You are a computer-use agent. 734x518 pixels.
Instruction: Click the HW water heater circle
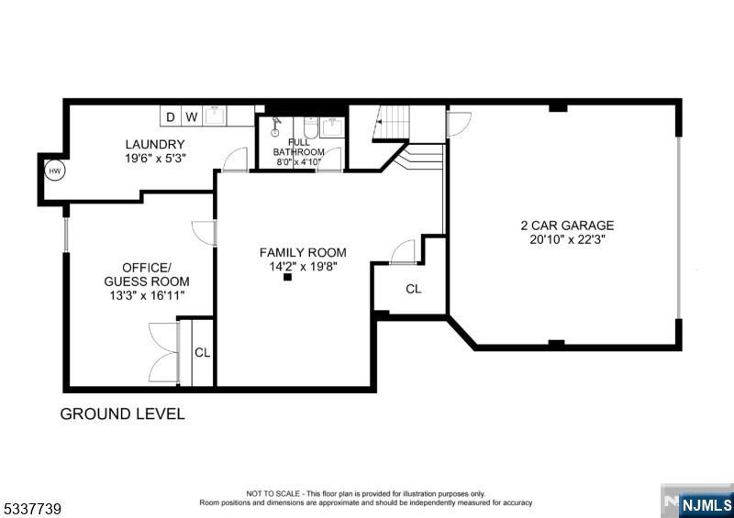click(x=55, y=171)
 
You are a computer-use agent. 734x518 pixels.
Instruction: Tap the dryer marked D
click(x=171, y=116)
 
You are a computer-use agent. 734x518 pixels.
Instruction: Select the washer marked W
click(x=192, y=116)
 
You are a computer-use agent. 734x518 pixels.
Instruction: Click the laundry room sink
click(x=216, y=116)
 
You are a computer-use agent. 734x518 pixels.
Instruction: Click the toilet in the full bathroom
click(x=311, y=127)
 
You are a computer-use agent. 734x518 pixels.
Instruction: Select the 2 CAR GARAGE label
click(x=567, y=226)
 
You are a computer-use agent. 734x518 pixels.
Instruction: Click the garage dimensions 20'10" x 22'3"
click(x=567, y=240)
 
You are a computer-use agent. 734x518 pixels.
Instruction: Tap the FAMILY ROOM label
click(x=303, y=253)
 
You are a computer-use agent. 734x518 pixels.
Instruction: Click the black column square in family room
click(x=287, y=277)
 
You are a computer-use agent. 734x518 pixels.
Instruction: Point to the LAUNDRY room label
click(x=155, y=144)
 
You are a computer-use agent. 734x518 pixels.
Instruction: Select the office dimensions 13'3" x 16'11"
click(x=147, y=296)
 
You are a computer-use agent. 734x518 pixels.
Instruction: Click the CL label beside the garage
click(x=414, y=289)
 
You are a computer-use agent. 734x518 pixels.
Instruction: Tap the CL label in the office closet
click(x=202, y=353)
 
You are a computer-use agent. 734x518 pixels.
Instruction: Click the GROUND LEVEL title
click(x=123, y=414)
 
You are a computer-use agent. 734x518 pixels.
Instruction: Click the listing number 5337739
click(x=31, y=509)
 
